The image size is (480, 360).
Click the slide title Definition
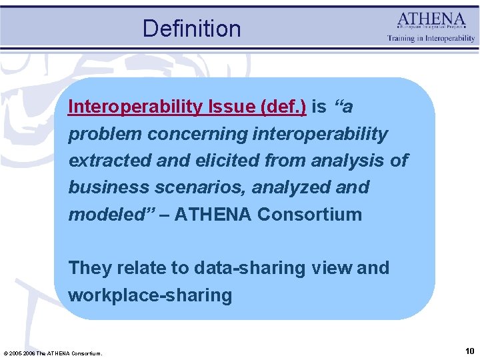191,29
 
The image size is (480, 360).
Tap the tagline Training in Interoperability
431,38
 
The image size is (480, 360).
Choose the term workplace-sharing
150,295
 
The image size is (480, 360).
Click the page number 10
469,350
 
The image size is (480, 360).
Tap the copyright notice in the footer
53,353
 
